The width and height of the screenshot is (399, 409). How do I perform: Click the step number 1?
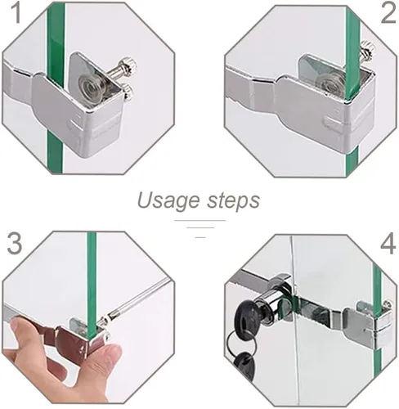[x=16, y=12]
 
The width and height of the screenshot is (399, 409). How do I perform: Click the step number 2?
[x=388, y=12]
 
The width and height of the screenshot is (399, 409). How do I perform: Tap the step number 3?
[x=14, y=244]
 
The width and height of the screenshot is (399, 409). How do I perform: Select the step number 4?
[x=388, y=244]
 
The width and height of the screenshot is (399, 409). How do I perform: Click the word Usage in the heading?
[x=168, y=200]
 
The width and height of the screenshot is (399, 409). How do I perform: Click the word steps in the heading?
[x=233, y=200]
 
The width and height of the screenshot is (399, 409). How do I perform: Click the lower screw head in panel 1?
[x=128, y=92]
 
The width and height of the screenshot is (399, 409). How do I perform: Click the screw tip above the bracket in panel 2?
[x=366, y=49]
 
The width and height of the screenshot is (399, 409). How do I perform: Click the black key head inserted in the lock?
[x=247, y=313]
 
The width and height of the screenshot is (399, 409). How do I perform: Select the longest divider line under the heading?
[x=200, y=220]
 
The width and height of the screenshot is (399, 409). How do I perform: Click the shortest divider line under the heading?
[x=200, y=237]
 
